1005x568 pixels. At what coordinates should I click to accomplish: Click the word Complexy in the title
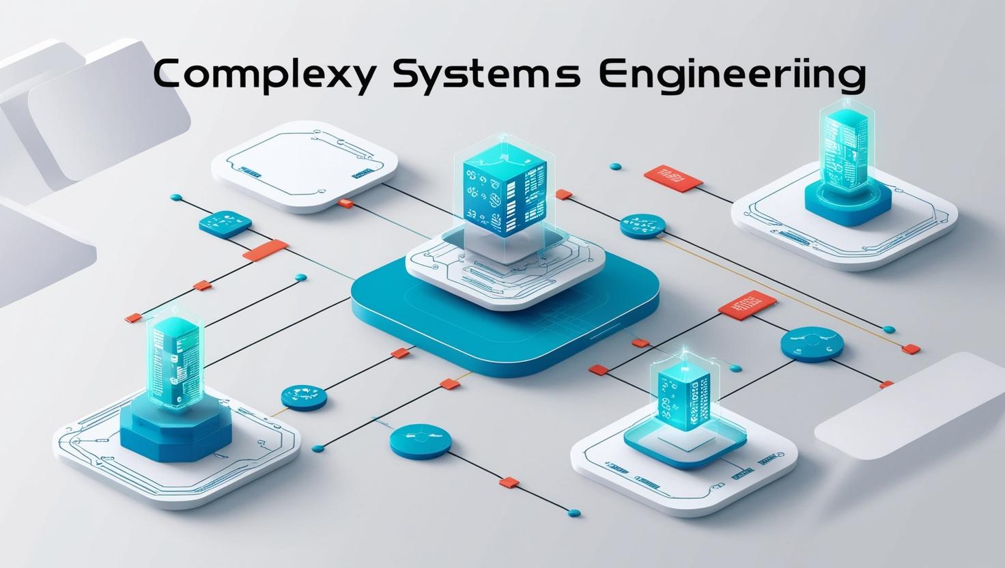point(263,75)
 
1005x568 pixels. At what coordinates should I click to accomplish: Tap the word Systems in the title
point(487,75)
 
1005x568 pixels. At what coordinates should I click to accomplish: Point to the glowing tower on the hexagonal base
point(175,362)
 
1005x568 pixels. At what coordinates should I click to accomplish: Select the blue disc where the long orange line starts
point(642,225)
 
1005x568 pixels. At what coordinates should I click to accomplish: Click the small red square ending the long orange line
point(911,349)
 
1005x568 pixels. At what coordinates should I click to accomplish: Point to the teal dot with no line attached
point(614,166)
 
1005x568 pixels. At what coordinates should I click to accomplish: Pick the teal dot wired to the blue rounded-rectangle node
point(176,198)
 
